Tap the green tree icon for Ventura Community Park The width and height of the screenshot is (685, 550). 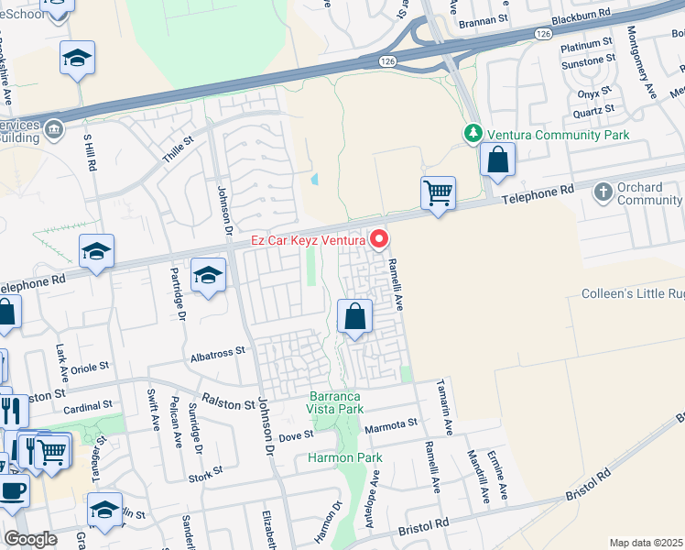[473, 135]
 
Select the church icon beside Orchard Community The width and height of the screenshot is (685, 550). [603, 192]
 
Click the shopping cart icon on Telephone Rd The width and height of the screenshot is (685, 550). [439, 193]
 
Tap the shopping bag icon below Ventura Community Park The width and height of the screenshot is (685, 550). [496, 159]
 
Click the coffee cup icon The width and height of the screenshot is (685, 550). [12, 490]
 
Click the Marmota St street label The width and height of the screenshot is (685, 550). [391, 423]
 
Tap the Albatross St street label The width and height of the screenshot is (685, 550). [219, 351]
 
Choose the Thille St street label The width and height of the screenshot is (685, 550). [179, 150]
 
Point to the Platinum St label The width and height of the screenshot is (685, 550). [586, 45]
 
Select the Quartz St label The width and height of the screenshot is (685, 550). [593, 111]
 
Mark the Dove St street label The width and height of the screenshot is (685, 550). [296, 436]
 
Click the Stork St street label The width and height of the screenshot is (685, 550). [206, 472]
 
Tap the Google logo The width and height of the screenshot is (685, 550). [31, 539]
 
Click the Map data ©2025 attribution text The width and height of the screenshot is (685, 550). [646, 543]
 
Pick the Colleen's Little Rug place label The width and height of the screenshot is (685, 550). [633, 294]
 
